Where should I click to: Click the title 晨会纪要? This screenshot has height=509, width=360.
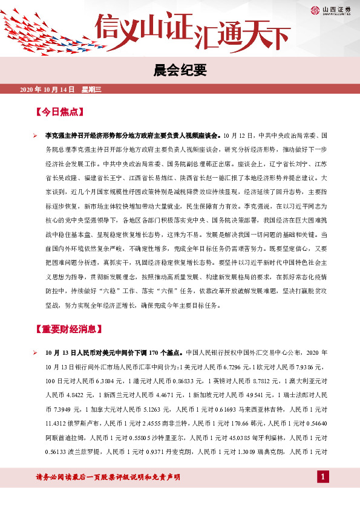pyautogui.click(x=180, y=70)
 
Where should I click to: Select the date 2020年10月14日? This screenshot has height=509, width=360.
pyautogui.click(x=47, y=89)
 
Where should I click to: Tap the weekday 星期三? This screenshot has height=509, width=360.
pyautogui.click(x=92, y=89)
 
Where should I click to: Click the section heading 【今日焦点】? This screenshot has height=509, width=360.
pyautogui.click(x=59, y=112)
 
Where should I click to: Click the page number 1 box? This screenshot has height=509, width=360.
pyautogui.click(x=324, y=478)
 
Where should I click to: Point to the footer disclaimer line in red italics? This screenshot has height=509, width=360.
pyautogui.click(x=109, y=478)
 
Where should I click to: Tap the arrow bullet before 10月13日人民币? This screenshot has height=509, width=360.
pyautogui.click(x=35, y=352)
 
